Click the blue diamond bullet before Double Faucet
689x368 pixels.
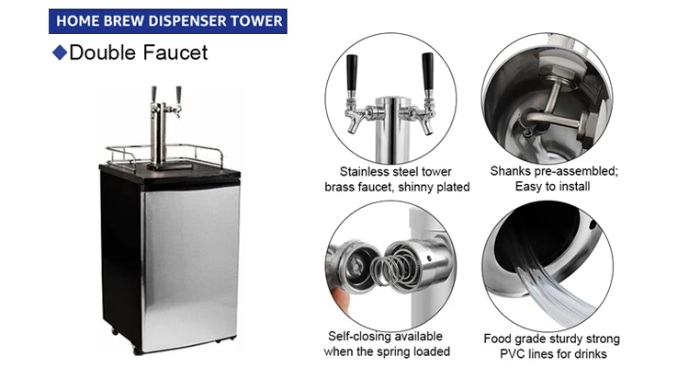point(60,52)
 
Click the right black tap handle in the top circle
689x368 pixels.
point(427,69)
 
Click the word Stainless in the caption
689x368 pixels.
point(367,170)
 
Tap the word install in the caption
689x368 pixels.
point(568,187)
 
